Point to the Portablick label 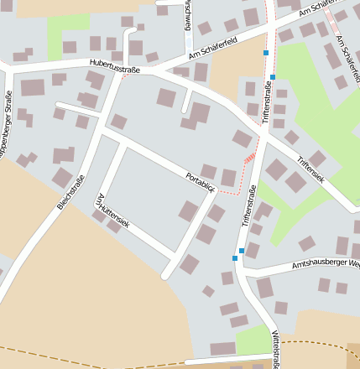201,181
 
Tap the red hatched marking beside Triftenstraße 249,158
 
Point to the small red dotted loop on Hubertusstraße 126,74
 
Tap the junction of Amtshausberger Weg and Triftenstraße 244,273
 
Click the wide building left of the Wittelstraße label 222,348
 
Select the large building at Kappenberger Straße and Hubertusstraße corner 33,87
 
